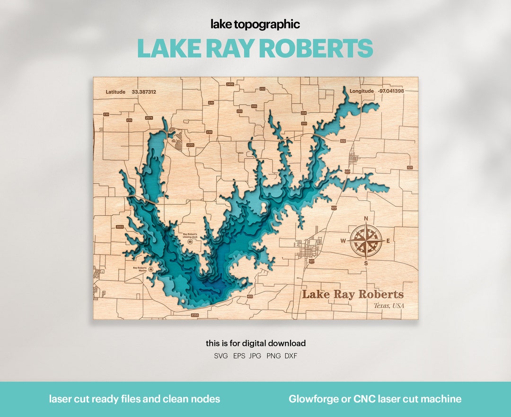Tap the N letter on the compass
tap(365, 219)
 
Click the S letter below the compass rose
tap(365, 263)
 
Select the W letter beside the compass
tap(343, 241)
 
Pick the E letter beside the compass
tap(388, 241)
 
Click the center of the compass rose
tap(366, 240)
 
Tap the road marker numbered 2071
tap(149, 118)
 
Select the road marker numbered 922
tap(343, 141)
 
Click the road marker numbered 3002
tap(120, 227)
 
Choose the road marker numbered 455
tap(249, 296)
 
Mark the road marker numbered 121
tap(410, 168)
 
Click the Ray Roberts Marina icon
tap(151, 269)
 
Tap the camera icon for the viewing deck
tap(190, 241)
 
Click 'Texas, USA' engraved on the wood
tap(389, 306)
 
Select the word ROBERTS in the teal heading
tap(316, 48)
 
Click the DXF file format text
tap(291, 355)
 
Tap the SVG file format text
tap(220, 355)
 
